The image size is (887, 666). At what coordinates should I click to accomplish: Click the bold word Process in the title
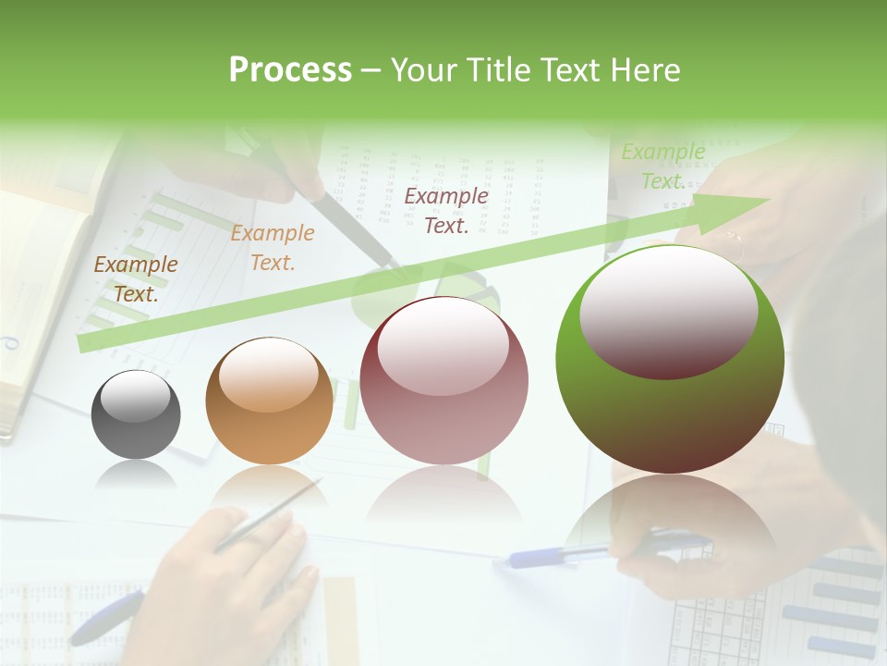pyautogui.click(x=290, y=70)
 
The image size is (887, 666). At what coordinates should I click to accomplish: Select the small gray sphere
pyautogui.click(x=136, y=414)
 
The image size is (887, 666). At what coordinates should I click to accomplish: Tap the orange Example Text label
pyautogui.click(x=272, y=248)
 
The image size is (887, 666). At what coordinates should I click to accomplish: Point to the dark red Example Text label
pyautogui.click(x=446, y=211)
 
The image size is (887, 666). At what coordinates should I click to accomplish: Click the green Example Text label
pyautogui.click(x=662, y=166)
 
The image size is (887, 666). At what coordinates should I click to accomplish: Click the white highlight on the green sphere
pyautogui.click(x=668, y=310)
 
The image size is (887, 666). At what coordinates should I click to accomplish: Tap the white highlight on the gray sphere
pyautogui.click(x=136, y=396)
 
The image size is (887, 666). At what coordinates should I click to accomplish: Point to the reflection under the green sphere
pyautogui.click(x=670, y=518)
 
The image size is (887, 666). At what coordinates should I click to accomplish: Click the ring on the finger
pyautogui.click(x=736, y=242)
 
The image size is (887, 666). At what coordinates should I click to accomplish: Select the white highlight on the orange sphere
pyautogui.click(x=269, y=375)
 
